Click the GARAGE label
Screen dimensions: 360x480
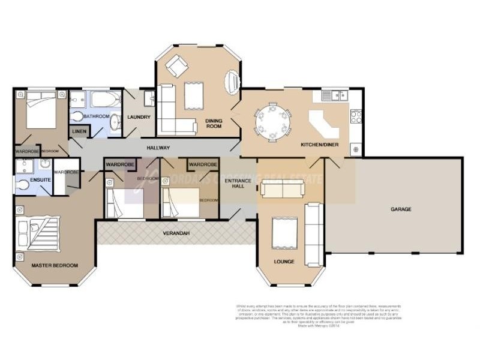click(401, 209)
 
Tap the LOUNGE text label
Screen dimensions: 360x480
click(284, 262)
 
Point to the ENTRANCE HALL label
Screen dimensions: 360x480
click(235, 183)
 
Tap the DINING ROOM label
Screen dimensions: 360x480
click(214, 123)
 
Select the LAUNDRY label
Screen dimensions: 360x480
click(139, 117)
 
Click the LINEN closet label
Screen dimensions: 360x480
click(79, 131)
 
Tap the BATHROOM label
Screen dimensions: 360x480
click(96, 116)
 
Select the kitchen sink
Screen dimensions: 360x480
click(334, 95)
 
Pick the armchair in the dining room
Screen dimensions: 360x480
click(176, 65)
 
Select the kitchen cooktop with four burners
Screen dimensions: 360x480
click(356, 115)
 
